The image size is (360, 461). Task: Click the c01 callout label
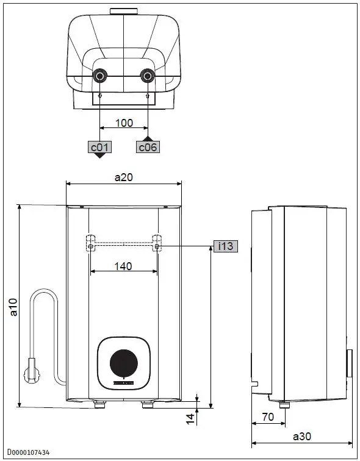pos(99,146)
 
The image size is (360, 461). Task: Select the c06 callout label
pos(148,147)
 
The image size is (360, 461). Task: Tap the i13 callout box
pos(226,246)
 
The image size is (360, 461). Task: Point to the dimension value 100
pos(124,123)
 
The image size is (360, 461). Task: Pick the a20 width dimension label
pos(124,176)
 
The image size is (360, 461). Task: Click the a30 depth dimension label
pos(302,436)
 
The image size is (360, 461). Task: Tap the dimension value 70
pos(268,418)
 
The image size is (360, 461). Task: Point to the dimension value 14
pos(190,418)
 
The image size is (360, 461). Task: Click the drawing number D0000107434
pos(29,452)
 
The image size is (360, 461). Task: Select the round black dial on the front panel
pos(124,363)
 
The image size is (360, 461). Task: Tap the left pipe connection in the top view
pos(99,76)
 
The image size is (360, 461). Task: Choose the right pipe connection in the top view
pos(148,76)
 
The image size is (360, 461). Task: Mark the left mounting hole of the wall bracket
pos(90,246)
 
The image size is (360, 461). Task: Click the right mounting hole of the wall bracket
pos(157,246)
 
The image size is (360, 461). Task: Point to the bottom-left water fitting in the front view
pos(99,403)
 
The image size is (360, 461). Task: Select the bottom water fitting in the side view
pos(284,404)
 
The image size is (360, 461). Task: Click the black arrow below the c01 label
pos(99,155)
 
